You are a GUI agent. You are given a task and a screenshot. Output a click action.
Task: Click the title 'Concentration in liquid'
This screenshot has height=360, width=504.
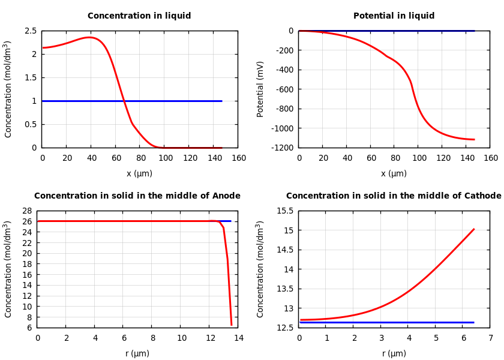click(x=139, y=16)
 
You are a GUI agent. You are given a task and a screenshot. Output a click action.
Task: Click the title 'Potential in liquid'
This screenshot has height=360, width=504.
click(x=394, y=16)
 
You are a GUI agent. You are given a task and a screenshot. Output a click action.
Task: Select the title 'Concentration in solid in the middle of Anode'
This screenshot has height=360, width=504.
click(x=137, y=196)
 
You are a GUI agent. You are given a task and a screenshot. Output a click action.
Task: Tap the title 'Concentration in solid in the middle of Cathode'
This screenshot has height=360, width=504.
click(x=394, y=196)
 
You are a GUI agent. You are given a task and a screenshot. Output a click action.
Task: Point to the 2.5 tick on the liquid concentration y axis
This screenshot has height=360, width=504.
click(x=30, y=31)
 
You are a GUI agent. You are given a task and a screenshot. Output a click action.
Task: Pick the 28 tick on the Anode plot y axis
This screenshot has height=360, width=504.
click(x=27, y=211)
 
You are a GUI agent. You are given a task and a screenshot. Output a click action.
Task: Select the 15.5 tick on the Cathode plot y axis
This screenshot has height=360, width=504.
click(x=284, y=211)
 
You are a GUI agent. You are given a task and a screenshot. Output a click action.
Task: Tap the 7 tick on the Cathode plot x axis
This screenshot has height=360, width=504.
click(x=490, y=338)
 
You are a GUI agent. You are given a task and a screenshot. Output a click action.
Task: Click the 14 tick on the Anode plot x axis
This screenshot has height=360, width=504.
click(x=238, y=338)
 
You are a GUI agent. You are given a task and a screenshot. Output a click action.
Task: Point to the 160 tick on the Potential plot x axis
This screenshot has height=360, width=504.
click(x=490, y=158)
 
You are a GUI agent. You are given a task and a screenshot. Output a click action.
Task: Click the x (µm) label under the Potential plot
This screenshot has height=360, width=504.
click(x=394, y=173)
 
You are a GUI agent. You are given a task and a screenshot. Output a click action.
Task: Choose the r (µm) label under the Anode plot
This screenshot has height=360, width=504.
click(x=137, y=353)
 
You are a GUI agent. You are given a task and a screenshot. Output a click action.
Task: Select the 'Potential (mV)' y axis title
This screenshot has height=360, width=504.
click(x=260, y=89)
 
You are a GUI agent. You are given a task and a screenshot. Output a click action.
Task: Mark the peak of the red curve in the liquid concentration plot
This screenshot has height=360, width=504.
click(x=90, y=37)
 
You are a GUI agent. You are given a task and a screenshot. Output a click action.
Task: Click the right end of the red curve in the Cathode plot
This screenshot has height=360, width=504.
click(x=474, y=229)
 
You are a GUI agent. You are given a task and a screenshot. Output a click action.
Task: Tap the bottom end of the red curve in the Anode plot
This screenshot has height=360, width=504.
click(x=232, y=325)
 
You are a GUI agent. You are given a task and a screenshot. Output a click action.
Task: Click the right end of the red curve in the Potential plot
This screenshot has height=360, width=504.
click(x=474, y=139)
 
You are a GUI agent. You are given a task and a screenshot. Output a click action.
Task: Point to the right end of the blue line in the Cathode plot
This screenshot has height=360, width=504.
click(x=474, y=322)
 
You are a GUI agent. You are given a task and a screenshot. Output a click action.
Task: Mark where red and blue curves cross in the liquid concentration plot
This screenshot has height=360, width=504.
click(x=124, y=101)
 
